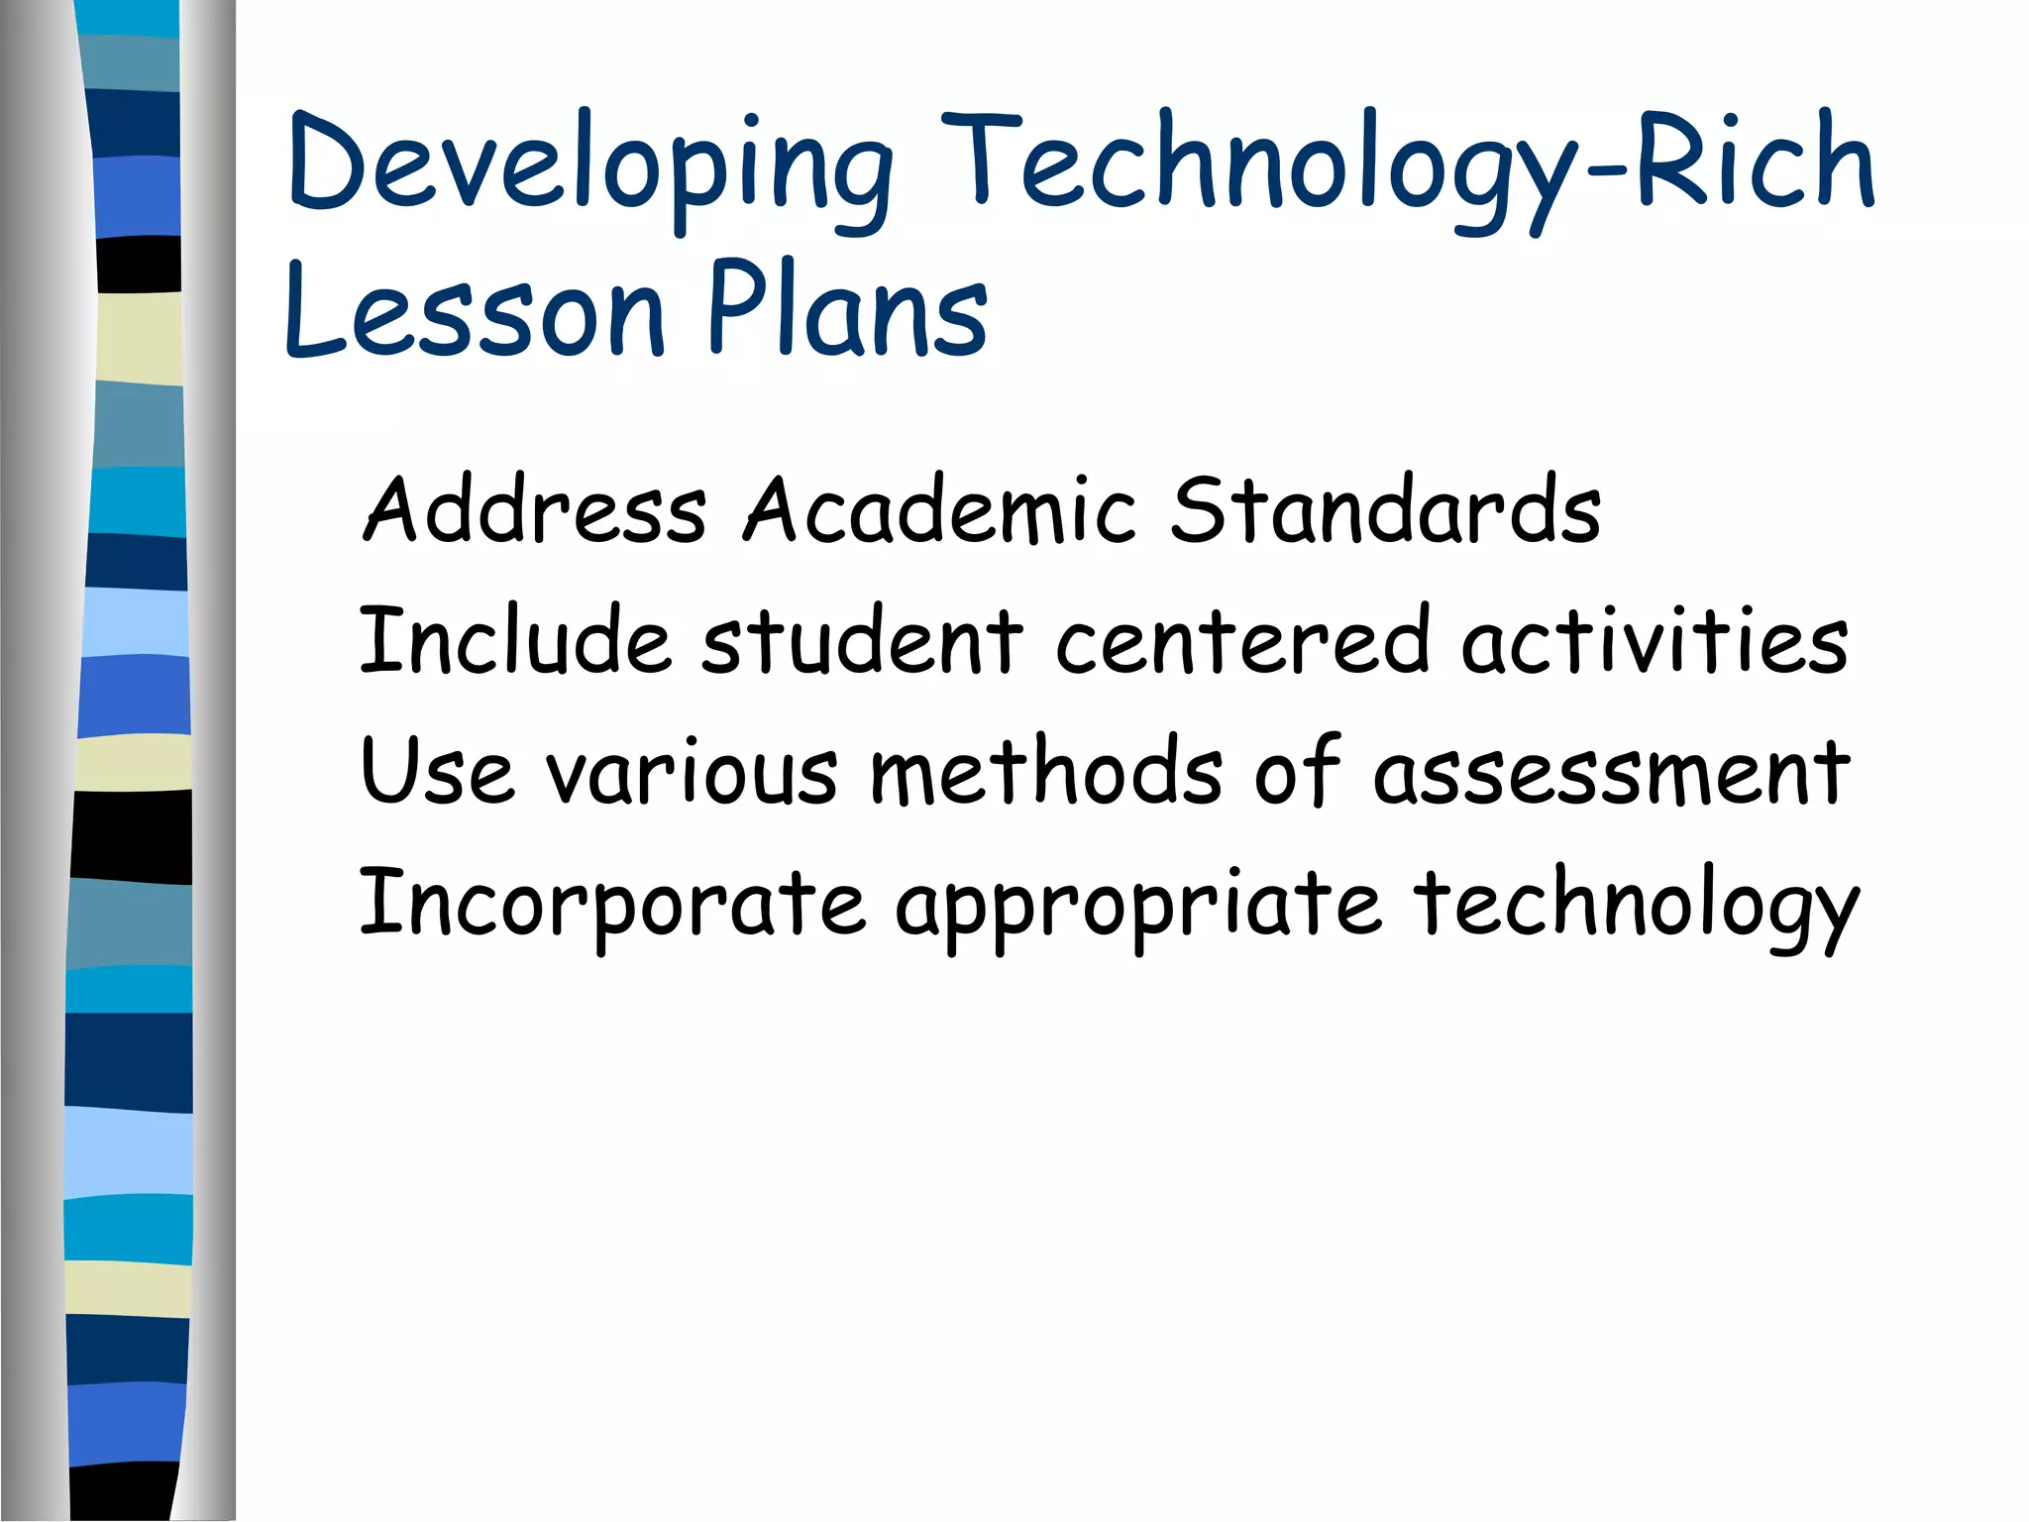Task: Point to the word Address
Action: click(x=535, y=509)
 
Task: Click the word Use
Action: click(x=437, y=771)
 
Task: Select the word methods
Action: click(x=1045, y=771)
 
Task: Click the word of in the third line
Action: click(x=1298, y=771)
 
